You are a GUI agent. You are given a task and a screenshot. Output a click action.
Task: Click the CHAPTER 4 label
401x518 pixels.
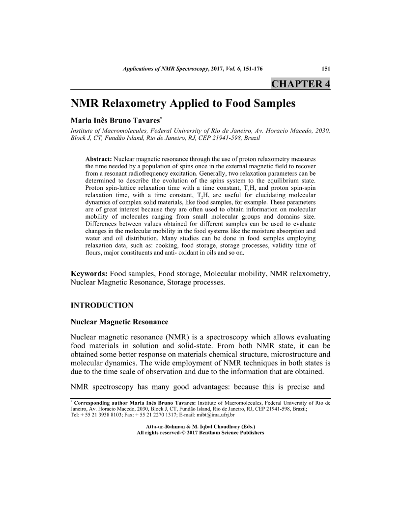(300, 84)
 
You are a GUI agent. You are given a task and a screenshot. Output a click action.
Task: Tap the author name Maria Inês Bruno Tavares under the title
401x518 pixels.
(116, 121)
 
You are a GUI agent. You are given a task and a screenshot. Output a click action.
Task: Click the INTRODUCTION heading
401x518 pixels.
(102, 306)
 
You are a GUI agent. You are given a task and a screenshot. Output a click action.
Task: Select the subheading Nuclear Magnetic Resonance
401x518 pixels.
(119, 322)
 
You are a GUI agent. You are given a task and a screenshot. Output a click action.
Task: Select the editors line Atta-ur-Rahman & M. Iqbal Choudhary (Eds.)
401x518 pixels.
(200, 427)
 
